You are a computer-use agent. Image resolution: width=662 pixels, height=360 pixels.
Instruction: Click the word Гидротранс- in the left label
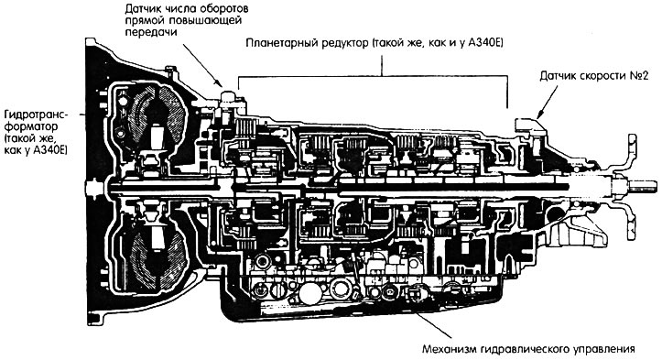tap(37, 115)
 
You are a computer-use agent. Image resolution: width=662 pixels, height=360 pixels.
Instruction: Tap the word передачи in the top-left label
tap(151, 32)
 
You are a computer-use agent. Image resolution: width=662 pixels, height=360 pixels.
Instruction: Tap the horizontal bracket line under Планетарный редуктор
tap(373, 76)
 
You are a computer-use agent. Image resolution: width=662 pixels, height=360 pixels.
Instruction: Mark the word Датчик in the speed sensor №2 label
tap(558, 77)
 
